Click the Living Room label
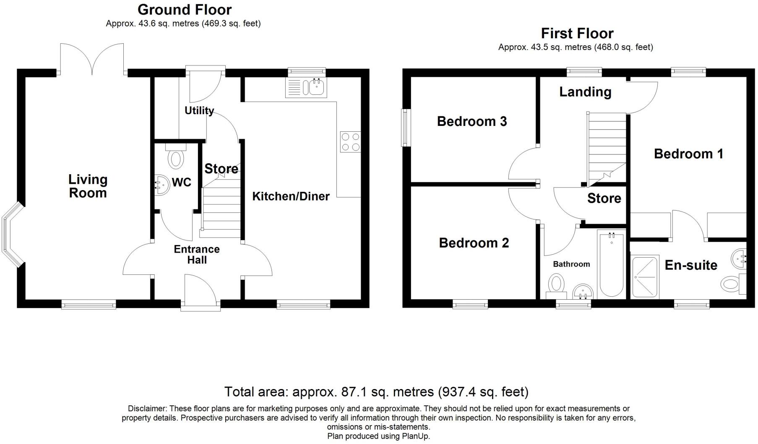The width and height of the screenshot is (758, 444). (88, 186)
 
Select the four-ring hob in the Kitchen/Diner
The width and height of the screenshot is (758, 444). (350, 141)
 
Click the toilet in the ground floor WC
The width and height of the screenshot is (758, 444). (176, 159)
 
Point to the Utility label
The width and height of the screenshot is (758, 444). (199, 110)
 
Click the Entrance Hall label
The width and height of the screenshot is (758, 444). (197, 254)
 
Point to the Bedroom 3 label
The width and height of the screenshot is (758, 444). (471, 121)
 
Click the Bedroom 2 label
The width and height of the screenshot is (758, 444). (474, 243)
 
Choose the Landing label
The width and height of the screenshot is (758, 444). (585, 92)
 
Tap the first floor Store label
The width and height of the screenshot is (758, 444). (604, 198)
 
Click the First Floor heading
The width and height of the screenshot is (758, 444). (577, 33)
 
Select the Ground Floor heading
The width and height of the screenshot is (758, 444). (184, 9)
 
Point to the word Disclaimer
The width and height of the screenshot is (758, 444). (147, 408)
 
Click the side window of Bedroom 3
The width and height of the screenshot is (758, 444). (406, 128)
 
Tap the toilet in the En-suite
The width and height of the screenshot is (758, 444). (732, 284)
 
